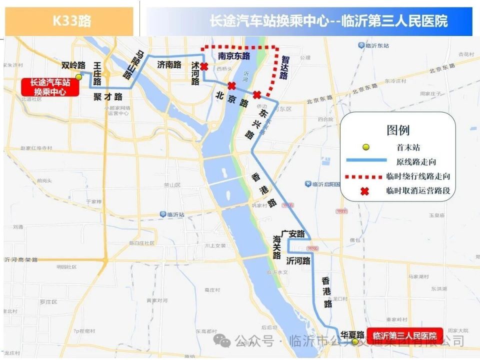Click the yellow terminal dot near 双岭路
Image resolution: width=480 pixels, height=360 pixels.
coord(78,76)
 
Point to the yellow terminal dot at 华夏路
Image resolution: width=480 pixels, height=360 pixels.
coord(354,341)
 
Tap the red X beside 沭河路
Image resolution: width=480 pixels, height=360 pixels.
coord(204,66)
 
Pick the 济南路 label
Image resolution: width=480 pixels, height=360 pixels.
coord(169,64)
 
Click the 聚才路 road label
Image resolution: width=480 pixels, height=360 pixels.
coord(108,96)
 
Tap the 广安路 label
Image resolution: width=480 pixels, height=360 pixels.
coord(293,233)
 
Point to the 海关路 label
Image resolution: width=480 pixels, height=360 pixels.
coord(277,247)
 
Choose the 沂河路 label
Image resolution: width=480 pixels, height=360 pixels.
coord(298,261)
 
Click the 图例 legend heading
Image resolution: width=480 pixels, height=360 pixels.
coord(398,130)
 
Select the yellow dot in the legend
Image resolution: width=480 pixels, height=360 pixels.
coord(366,147)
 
